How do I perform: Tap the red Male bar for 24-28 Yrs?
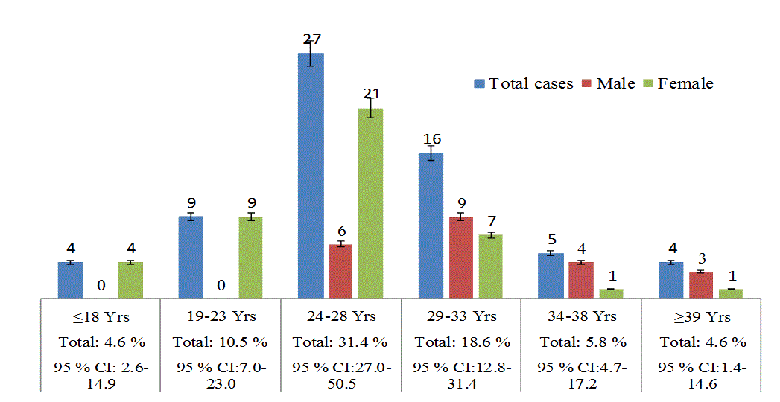point(340,271)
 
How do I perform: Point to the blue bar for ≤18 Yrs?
point(70,279)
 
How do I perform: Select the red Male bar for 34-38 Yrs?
point(581,279)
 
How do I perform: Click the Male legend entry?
point(609,83)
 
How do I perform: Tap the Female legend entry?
point(677,83)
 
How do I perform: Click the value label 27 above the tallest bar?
point(311,39)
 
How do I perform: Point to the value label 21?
point(371,94)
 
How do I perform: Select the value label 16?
point(431,139)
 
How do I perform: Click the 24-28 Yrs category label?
point(340,316)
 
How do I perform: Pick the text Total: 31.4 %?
point(340,342)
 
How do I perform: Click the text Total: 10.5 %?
point(220,342)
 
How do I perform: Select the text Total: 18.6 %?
point(462,342)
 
